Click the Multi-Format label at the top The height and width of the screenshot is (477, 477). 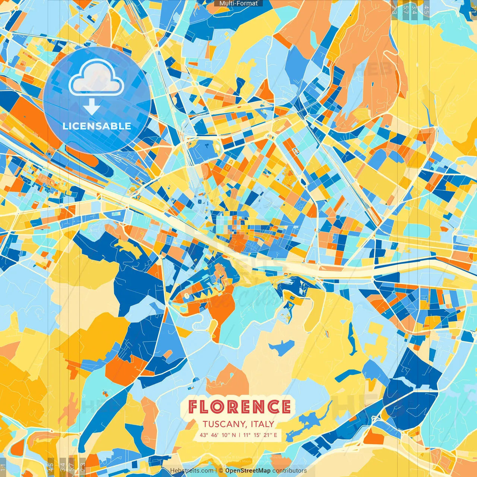pyautogui.click(x=238, y=3)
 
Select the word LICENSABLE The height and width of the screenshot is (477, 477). pyautogui.click(x=97, y=126)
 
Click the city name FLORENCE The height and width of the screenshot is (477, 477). pyautogui.click(x=239, y=407)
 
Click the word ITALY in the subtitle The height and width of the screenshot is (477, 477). pyautogui.click(x=262, y=424)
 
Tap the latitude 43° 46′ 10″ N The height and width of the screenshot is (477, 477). pyautogui.click(x=218, y=435)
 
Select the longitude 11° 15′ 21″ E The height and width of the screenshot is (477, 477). pyautogui.click(x=260, y=435)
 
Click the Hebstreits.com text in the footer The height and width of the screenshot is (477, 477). pyautogui.click(x=192, y=471)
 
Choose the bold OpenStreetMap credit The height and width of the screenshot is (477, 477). pyautogui.click(x=247, y=471)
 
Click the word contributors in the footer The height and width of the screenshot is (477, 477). pyautogui.click(x=290, y=471)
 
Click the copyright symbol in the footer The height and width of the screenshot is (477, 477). pyautogui.click(x=221, y=471)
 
